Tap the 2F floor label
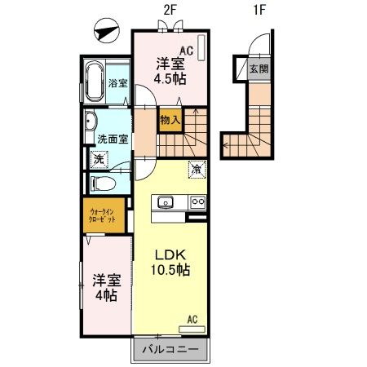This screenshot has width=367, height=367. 171,11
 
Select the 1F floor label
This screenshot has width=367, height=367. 260,11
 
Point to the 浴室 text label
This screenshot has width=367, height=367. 117,83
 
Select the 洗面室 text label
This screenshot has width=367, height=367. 113,139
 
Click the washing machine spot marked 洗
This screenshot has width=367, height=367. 98,160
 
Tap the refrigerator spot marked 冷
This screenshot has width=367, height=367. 197,170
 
